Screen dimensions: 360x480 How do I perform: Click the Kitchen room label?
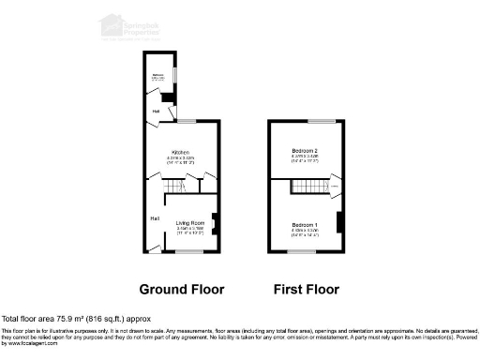pyautogui.click(x=181, y=152)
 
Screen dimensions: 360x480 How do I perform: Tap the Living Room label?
pyautogui.click(x=190, y=221)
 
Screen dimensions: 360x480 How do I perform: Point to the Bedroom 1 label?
pyautogui.click(x=304, y=225)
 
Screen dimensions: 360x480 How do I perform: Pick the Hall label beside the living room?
pyautogui.click(x=154, y=218)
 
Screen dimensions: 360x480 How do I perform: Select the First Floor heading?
pyautogui.click(x=307, y=290)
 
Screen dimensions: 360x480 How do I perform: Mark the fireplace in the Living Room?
pyautogui.click(x=215, y=222)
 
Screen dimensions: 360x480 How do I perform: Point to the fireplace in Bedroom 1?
pyautogui.click(x=338, y=222)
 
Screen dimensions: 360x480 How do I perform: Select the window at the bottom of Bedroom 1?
pyautogui.click(x=305, y=251)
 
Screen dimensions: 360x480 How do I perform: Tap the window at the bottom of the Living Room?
pyautogui.click(x=190, y=251)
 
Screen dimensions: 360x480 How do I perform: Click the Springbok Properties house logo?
pyautogui.click(x=111, y=24)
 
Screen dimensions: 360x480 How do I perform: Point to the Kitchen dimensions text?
pyautogui.click(x=181, y=160)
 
